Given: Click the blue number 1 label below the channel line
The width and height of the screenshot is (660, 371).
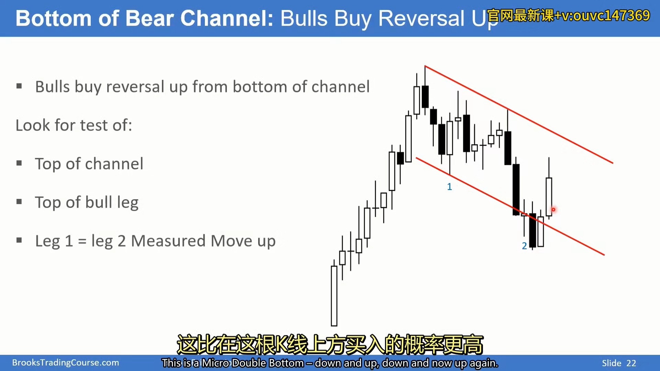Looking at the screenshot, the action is point(449,187).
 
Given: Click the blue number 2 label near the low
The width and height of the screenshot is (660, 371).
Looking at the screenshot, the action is point(524,246).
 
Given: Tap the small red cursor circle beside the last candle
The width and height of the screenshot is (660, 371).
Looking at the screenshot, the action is point(553,210).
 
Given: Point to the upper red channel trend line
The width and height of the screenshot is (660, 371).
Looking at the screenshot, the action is point(519,114).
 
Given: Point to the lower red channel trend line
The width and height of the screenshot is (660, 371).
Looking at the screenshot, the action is point(510,206).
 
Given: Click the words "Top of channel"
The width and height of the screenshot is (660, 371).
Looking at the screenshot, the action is point(89,164).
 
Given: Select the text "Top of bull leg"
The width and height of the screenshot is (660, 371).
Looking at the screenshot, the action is point(87,202).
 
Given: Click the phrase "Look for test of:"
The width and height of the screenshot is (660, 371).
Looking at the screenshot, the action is point(74,125).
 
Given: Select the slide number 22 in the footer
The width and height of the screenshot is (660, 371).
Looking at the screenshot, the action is point(631,363).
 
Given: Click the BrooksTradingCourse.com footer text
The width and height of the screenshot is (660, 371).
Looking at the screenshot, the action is point(66,363).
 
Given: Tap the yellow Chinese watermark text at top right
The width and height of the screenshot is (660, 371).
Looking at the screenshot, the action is point(568,15).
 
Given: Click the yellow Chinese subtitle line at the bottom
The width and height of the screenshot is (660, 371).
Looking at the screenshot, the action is point(330,345).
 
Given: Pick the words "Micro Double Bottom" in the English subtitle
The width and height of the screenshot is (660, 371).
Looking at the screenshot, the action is point(253,363).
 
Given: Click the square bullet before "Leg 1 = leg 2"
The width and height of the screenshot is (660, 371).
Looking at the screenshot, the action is point(19,240).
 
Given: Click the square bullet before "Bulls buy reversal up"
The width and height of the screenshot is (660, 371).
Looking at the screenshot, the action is point(19,86).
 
